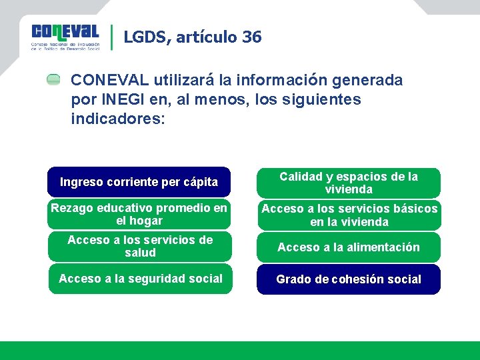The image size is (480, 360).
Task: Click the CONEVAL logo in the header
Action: tap(65, 37)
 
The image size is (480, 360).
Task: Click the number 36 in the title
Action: tap(252, 37)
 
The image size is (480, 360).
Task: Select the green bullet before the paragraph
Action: tap(53, 80)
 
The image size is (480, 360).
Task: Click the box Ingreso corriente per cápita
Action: tap(139, 182)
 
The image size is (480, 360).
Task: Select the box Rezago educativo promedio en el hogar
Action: tap(139, 215)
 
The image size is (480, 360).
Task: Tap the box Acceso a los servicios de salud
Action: tap(140, 247)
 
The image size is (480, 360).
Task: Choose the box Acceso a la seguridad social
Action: tap(140, 279)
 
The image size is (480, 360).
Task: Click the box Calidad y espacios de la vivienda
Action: tap(349, 183)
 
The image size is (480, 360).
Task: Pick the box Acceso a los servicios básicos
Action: tap(349, 215)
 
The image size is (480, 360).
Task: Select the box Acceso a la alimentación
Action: tap(349, 247)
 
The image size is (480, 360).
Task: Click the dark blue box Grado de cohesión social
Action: tap(349, 279)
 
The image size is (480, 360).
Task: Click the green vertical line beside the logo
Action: tap(111, 37)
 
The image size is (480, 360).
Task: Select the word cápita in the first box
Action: tap(201, 182)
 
